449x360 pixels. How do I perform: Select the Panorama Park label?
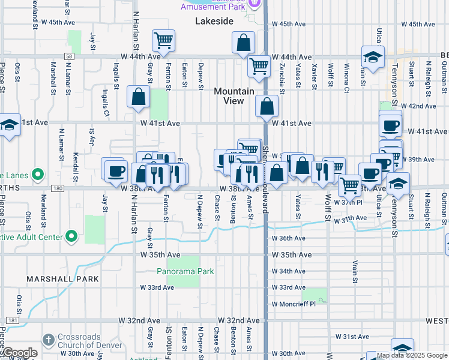(185, 271)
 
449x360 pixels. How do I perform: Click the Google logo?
(19, 353)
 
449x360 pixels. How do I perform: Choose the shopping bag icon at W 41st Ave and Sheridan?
(267, 107)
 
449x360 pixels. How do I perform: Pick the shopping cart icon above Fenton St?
(163, 40)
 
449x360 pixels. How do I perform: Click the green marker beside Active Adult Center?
(71, 236)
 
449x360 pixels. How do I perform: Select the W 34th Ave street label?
(289, 271)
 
